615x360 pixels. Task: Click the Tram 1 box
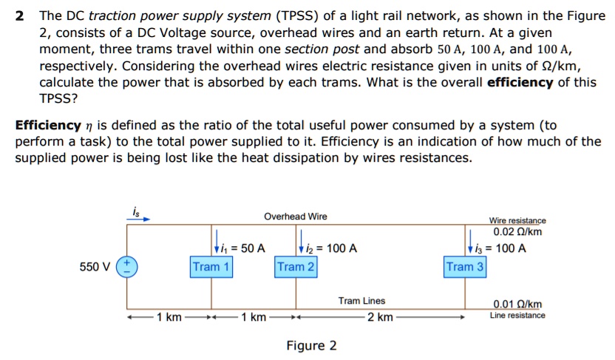pos(211,266)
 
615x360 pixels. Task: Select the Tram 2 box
pos(296,266)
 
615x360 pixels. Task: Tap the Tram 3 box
pos(465,266)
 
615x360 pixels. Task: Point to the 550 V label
pos(95,266)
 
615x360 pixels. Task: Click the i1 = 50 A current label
pos(242,248)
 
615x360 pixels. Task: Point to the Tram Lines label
pos(361,301)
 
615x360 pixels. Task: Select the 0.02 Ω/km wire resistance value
pos(517,231)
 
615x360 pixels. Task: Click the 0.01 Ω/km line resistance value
pos(517,304)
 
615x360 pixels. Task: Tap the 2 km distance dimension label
pos(379,317)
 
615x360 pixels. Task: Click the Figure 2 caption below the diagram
pos(311,346)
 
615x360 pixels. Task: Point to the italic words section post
pos(323,49)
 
